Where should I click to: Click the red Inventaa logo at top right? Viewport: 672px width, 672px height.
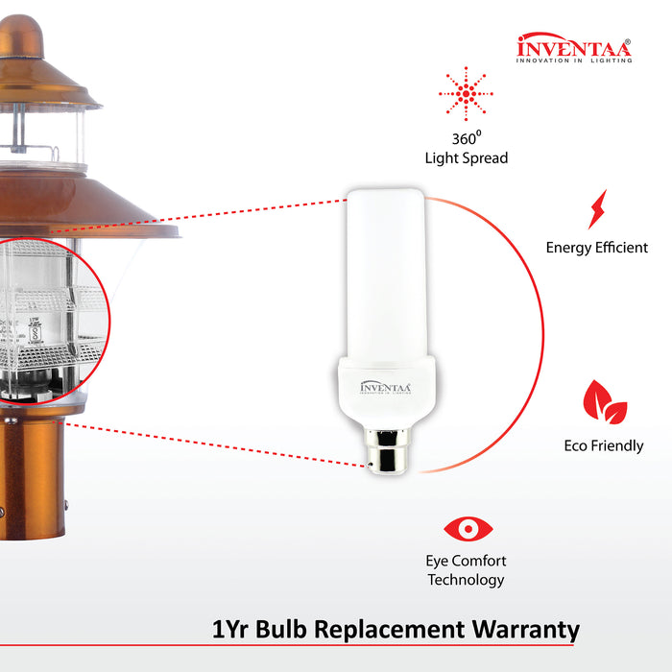[574, 49]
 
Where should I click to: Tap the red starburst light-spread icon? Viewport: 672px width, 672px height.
[466, 94]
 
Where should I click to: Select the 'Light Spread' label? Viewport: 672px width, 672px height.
[466, 157]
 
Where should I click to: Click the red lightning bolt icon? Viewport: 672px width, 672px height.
[597, 208]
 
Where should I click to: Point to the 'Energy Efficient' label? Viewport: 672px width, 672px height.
[597, 248]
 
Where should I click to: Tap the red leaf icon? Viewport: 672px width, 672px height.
[605, 402]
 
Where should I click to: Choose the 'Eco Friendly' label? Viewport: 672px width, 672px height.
[604, 446]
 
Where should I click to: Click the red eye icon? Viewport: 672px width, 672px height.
[468, 528]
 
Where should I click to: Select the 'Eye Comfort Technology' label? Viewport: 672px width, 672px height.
[467, 570]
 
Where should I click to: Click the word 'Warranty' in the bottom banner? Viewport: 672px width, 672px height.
[524, 630]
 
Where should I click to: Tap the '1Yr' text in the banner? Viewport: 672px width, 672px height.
[233, 630]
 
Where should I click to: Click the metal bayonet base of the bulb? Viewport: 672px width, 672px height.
[386, 451]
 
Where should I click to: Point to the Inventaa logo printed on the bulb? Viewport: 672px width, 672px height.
[385, 387]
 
